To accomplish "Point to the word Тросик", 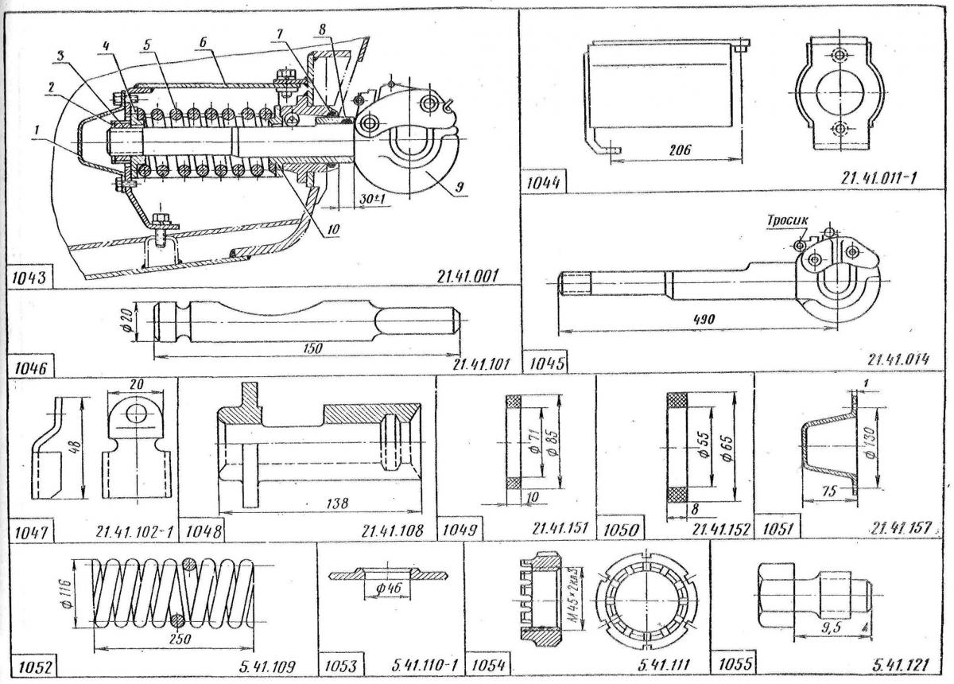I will (x=786, y=220).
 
